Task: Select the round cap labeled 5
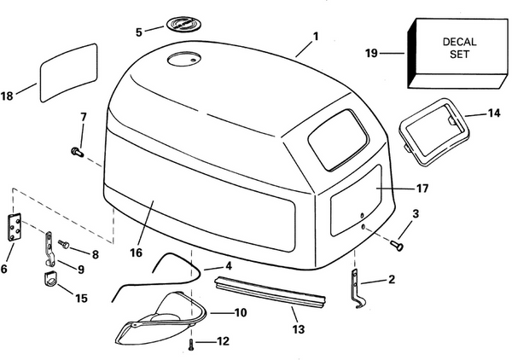pyautogui.click(x=182, y=26)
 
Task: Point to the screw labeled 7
pyautogui.click(x=76, y=151)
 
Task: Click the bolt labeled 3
pyautogui.click(x=396, y=244)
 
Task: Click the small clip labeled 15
pyautogui.click(x=49, y=281)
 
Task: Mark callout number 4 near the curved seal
pyautogui.click(x=229, y=267)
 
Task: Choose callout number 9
pyautogui.click(x=82, y=270)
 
